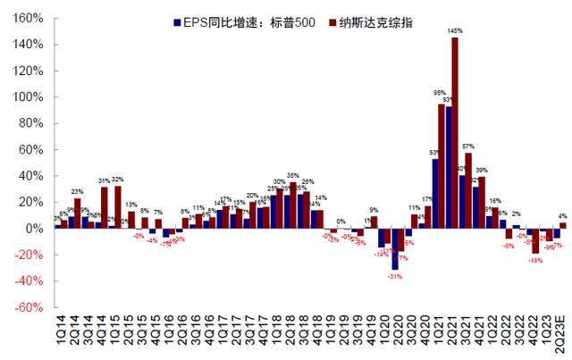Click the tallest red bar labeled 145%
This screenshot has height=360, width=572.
(455, 133)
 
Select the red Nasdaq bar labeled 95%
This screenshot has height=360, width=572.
(442, 166)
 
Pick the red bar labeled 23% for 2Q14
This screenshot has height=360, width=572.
(77, 213)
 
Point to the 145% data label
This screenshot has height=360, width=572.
(455, 32)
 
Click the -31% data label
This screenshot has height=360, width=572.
(394, 275)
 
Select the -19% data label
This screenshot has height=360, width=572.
(535, 260)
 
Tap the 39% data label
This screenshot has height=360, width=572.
(482, 170)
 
